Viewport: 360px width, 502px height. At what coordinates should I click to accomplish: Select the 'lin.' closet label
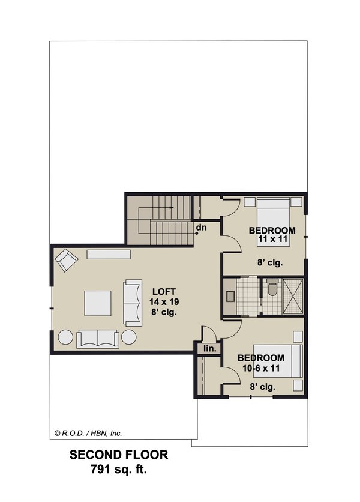pos(210,348)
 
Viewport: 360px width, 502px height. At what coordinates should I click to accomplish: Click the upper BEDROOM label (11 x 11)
pos(272,231)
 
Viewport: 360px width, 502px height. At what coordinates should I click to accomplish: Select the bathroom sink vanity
pos(232,295)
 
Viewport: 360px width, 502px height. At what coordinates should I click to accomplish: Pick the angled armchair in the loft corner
pos(66,261)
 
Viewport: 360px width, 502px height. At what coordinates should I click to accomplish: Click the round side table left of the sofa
pos(66,337)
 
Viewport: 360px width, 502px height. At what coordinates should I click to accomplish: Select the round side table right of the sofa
pos(129,337)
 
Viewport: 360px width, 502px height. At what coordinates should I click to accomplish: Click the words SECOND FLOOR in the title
pos(119,455)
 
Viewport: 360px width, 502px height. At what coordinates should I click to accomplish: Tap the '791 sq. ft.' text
pos(119,468)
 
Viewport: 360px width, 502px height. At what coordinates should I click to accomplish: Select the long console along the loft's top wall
pos(109,255)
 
